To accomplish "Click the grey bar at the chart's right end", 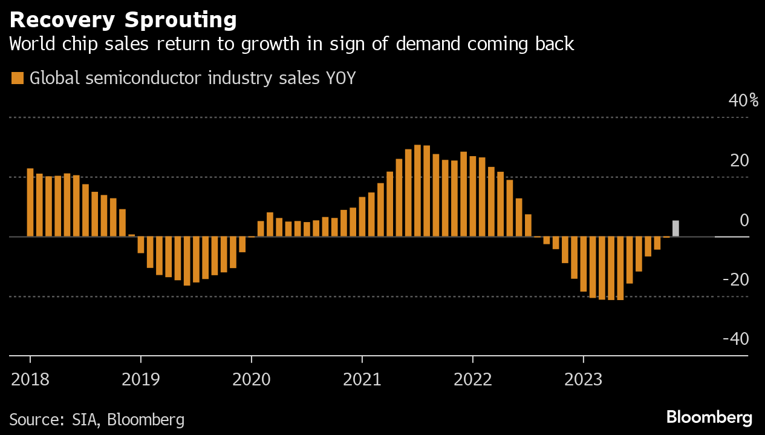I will click(675, 229).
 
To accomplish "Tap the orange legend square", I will click(18, 78).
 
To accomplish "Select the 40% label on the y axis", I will click(743, 100).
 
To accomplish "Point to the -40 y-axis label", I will click(736, 339).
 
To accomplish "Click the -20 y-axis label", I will click(736, 280).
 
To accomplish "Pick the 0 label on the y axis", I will click(744, 220).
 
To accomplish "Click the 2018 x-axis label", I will click(30, 379).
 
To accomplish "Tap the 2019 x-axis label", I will click(140, 379).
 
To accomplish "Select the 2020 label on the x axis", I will click(251, 379).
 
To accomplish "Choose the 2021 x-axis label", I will click(362, 379).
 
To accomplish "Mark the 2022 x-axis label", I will click(472, 379).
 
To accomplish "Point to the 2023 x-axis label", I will click(583, 379).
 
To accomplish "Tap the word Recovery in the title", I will click(63, 21).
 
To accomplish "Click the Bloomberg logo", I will click(709, 417).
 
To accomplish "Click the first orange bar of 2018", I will click(30, 202).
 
